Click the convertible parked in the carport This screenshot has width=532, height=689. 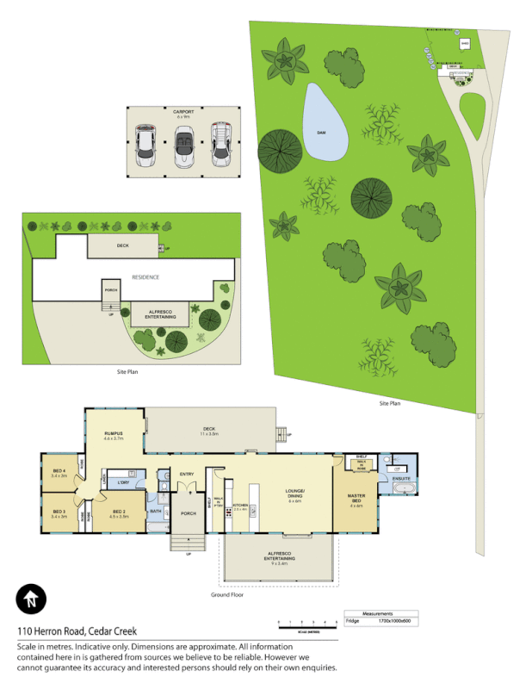(183, 146)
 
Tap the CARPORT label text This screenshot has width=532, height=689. (183, 112)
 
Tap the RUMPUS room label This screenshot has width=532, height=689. (114, 433)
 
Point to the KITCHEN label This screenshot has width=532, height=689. (240, 505)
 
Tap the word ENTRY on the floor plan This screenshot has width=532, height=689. (188, 474)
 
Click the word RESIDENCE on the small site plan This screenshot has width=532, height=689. (145, 277)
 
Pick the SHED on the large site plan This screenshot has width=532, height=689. (464, 43)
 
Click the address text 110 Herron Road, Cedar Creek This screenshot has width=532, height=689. (77, 631)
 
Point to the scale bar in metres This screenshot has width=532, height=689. (306, 622)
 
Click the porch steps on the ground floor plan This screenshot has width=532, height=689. (189, 543)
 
